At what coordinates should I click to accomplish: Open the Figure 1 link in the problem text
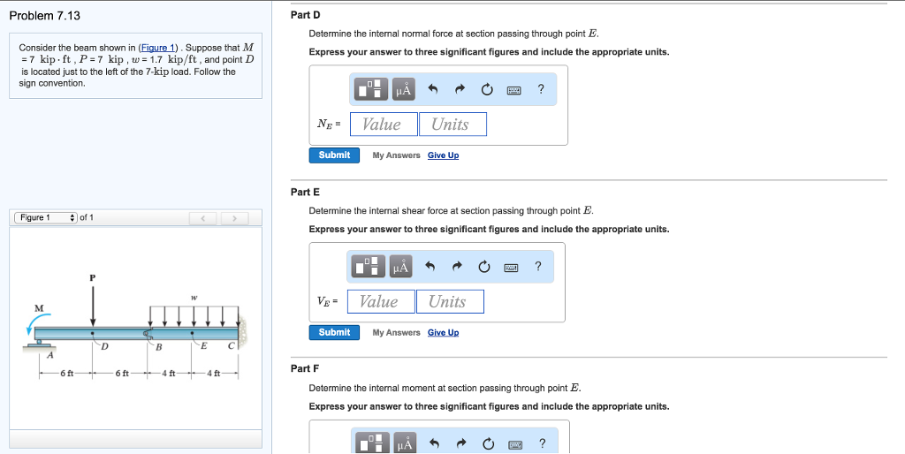point(158,47)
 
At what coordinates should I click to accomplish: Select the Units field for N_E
point(452,125)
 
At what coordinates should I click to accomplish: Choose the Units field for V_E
point(449,302)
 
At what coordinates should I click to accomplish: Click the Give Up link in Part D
point(443,155)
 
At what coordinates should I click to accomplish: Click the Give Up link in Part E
point(443,333)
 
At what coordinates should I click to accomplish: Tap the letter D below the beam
point(104,346)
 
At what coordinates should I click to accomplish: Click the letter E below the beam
point(204,345)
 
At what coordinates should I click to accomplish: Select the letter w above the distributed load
point(194,297)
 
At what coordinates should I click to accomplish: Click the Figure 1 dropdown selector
point(45,218)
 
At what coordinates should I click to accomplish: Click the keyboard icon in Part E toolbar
point(511,267)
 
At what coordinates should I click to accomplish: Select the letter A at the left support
point(49,356)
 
